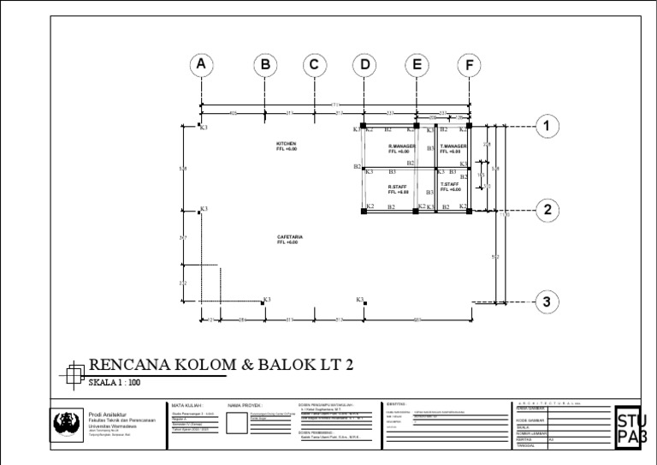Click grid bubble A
click(201, 64)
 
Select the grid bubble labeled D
click(364, 64)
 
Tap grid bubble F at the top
click(470, 64)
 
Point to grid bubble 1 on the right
click(547, 127)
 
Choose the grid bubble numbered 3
click(547, 301)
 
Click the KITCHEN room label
click(286, 146)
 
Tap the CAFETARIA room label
click(290, 240)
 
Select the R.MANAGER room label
click(401, 149)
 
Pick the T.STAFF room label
click(450, 187)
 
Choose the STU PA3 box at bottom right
click(631, 428)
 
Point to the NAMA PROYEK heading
click(246, 406)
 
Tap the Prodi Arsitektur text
click(107, 414)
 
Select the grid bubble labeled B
click(265, 64)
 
